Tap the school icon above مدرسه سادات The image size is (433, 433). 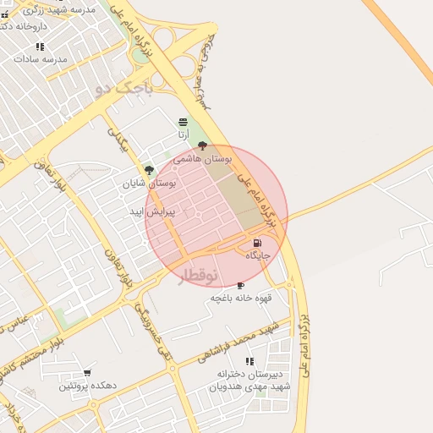coord(40,47)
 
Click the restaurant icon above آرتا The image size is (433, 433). coord(184,123)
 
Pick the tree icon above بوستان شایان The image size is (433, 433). coord(149,170)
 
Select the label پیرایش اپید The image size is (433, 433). coord(152,211)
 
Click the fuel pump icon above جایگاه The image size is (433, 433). coord(258,243)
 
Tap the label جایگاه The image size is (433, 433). coord(258,255)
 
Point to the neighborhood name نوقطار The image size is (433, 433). coord(197,275)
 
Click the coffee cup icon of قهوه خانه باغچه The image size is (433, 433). coord(241,286)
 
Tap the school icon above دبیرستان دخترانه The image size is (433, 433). coord(249,361)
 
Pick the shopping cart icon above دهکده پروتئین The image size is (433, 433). coord(87,373)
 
